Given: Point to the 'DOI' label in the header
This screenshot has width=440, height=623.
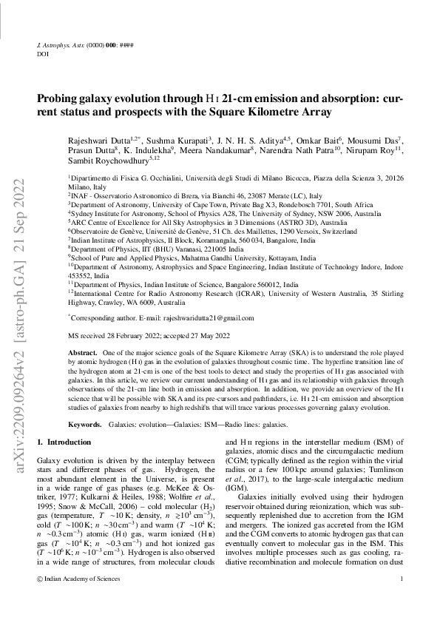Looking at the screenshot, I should click(x=42, y=54).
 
